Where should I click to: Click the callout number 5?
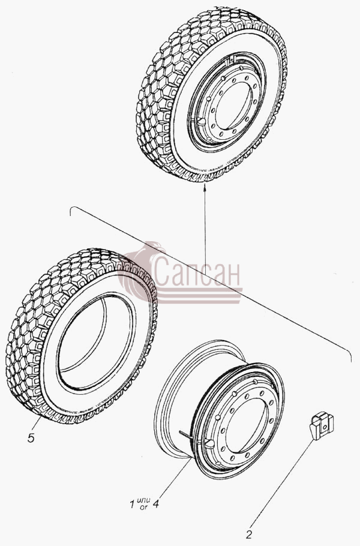[31, 438]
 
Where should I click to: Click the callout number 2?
[248, 535]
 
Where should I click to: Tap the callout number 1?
[132, 504]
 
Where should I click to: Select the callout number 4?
[155, 503]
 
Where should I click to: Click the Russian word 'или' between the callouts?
[144, 500]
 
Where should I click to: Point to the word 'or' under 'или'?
[143, 507]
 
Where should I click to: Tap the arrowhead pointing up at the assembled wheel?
[205, 187]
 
